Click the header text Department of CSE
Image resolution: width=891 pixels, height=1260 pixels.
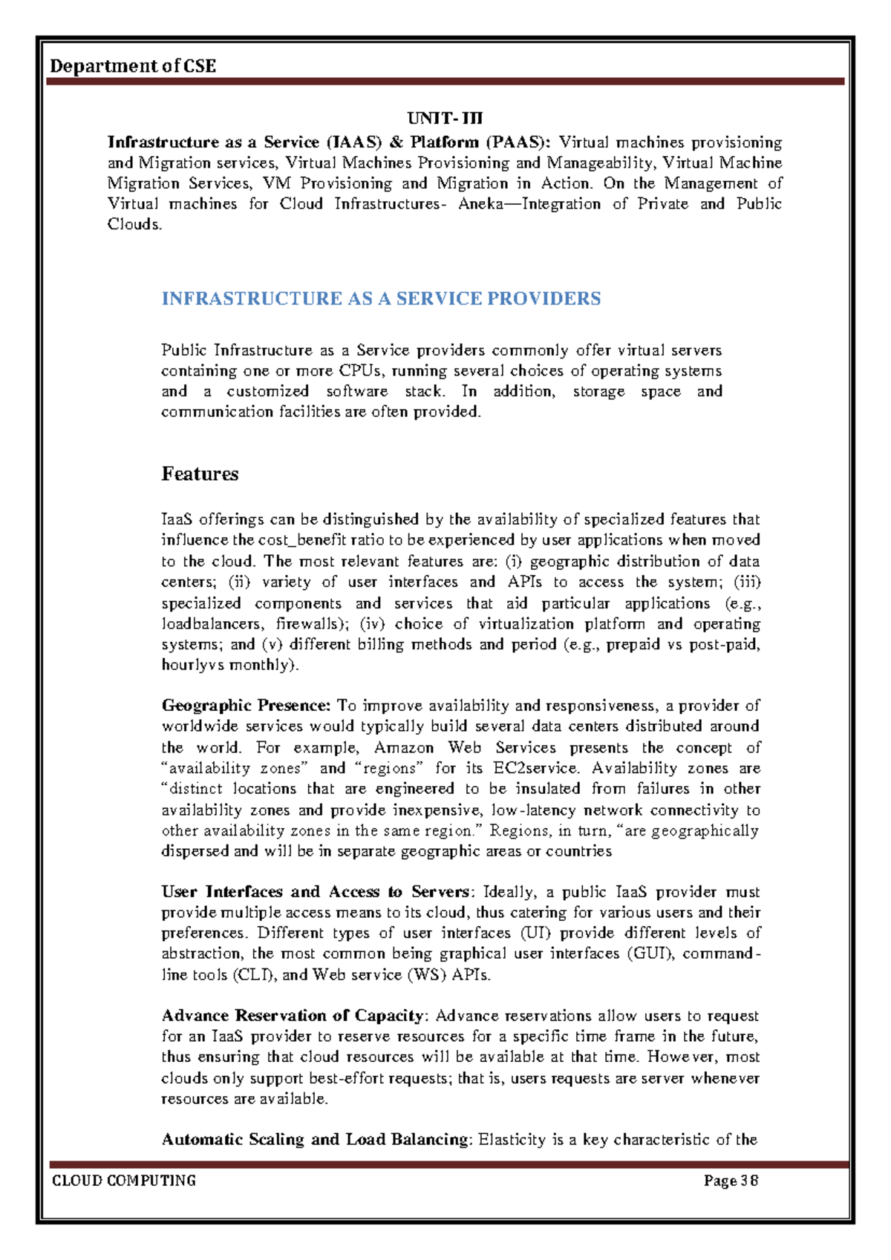pyautogui.click(x=133, y=66)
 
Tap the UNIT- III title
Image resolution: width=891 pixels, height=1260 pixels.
pyautogui.click(x=445, y=119)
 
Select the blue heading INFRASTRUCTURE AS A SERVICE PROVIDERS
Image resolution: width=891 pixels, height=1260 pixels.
pyautogui.click(x=381, y=299)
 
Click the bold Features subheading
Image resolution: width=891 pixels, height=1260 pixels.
pyautogui.click(x=200, y=474)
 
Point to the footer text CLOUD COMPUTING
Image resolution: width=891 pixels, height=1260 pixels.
pyautogui.click(x=124, y=1181)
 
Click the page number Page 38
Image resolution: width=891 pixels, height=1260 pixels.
pyautogui.click(x=731, y=1181)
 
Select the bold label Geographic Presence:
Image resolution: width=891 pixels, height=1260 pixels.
pyautogui.click(x=246, y=706)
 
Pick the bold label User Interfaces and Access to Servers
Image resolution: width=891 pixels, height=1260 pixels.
pyautogui.click(x=316, y=892)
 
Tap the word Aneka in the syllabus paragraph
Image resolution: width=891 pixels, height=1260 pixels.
pyautogui.click(x=481, y=204)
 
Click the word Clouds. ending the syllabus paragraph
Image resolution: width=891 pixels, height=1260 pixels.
pyautogui.click(x=134, y=225)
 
